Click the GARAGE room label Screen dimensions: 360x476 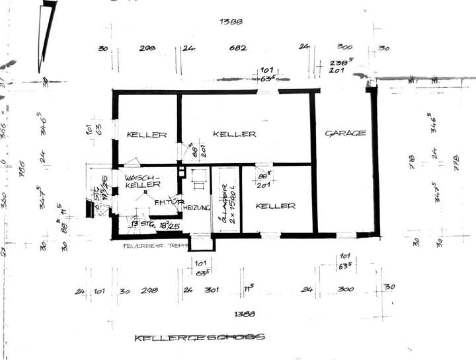pyautogui.click(x=345, y=133)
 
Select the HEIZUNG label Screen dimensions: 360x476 pyautogui.click(x=196, y=208)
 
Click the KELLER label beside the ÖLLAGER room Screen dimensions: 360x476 pyautogui.click(x=275, y=206)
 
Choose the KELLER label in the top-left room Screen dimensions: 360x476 pyautogui.click(x=147, y=135)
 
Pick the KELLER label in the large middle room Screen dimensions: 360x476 pyautogui.click(x=234, y=134)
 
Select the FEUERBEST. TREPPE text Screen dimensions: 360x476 pyautogui.click(x=155, y=246)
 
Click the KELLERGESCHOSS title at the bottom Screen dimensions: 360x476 pyautogui.click(x=199, y=338)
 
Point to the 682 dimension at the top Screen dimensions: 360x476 pyautogui.click(x=238, y=48)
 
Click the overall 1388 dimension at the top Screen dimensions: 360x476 pyautogui.click(x=231, y=22)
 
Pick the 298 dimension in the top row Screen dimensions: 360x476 pyautogui.click(x=147, y=48)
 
